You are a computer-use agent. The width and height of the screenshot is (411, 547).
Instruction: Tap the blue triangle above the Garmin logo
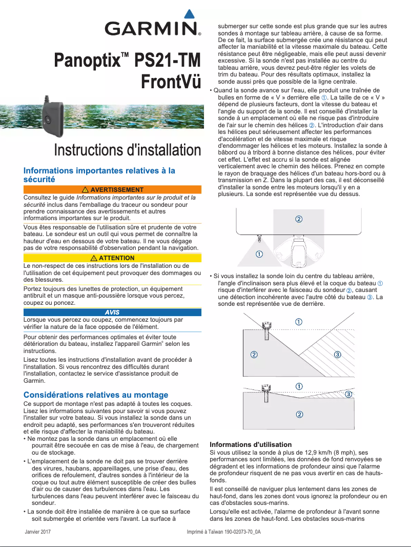(189, 14)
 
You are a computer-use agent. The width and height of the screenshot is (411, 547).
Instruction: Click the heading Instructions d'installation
(128, 150)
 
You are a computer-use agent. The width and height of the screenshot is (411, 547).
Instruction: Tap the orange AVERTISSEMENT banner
(112, 190)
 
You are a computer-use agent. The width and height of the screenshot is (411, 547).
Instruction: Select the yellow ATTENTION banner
(112, 258)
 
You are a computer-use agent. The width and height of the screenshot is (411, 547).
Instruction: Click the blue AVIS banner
(112, 312)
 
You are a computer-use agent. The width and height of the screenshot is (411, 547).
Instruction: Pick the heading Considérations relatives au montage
(96, 395)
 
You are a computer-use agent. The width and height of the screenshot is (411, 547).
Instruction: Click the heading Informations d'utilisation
(251, 444)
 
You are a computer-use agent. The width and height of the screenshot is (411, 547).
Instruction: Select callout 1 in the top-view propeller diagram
(260, 254)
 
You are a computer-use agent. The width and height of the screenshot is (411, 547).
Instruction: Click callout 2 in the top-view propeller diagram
(298, 219)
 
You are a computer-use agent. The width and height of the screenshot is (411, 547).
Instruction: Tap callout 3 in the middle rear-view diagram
(337, 355)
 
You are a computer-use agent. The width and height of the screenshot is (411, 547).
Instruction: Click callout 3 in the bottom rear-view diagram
(348, 394)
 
